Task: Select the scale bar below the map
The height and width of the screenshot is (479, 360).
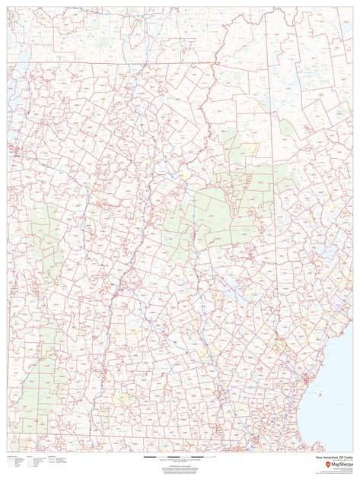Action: click(180, 456)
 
